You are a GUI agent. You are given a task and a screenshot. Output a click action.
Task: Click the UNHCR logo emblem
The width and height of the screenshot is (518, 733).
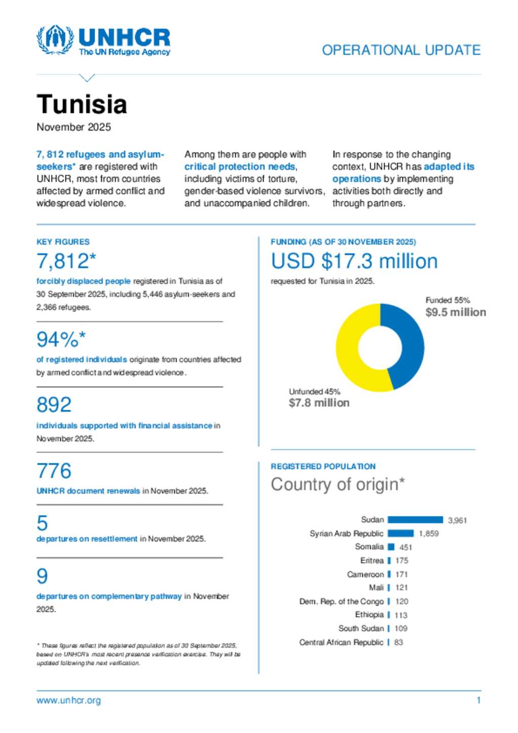55,39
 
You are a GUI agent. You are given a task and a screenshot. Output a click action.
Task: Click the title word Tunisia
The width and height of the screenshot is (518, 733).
81,104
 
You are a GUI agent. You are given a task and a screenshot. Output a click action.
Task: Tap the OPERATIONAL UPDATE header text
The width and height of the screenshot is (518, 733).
401,50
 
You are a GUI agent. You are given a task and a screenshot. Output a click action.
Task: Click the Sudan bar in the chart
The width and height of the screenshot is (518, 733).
415,520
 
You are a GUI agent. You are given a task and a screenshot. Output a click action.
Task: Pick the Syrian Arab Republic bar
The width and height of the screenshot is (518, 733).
401,533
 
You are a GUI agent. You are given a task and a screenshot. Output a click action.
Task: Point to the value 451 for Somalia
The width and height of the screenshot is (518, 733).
406,547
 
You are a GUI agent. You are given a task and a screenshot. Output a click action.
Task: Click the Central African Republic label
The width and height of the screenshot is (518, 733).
341,642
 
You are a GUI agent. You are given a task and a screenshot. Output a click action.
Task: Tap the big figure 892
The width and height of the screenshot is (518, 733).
54,405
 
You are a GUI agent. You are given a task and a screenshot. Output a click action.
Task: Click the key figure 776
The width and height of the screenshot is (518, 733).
54,471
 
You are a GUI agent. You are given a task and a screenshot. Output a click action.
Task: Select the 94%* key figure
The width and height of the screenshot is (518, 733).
61,339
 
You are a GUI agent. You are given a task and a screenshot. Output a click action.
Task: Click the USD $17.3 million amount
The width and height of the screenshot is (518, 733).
354,262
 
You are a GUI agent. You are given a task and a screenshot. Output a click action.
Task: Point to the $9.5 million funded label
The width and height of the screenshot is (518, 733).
455,312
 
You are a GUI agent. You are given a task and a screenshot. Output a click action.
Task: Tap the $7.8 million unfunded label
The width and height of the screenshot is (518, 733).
319,403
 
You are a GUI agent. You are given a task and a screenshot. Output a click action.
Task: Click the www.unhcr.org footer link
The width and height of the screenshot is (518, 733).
69,701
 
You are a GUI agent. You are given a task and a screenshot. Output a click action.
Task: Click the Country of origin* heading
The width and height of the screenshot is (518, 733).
337,484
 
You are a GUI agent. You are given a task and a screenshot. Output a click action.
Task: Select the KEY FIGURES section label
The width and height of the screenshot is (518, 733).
63,242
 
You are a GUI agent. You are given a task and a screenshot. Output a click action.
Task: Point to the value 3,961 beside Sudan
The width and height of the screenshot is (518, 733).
457,520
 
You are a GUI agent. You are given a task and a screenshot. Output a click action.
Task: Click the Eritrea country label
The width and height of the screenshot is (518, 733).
372,560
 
